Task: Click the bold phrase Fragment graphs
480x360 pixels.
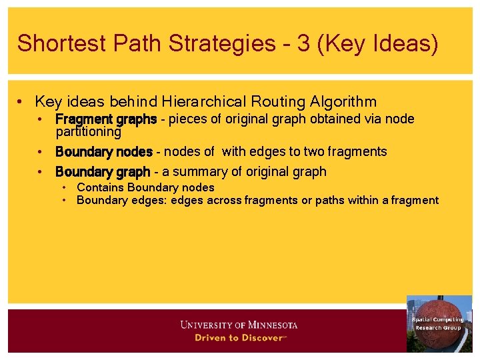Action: click(x=106, y=119)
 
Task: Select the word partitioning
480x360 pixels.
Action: click(x=88, y=132)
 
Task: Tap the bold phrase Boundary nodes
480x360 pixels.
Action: click(x=104, y=152)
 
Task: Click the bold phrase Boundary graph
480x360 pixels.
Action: click(x=103, y=172)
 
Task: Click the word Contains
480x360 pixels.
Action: click(x=101, y=188)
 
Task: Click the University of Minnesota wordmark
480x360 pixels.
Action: click(x=239, y=325)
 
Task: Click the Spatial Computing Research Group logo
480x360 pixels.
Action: click(x=439, y=323)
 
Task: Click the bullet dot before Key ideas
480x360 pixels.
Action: click(x=22, y=102)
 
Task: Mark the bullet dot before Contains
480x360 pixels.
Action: click(x=65, y=188)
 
